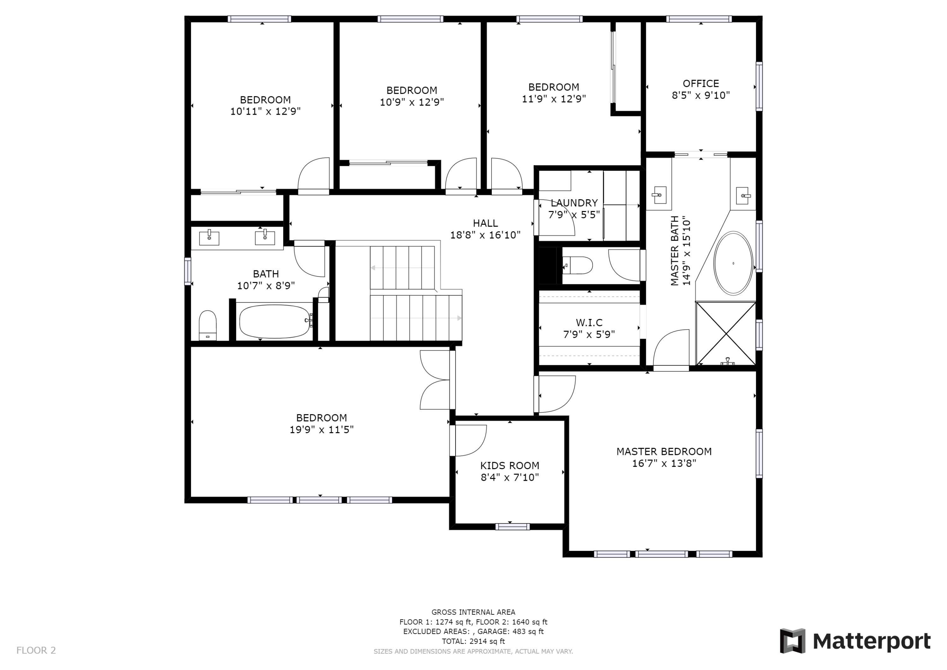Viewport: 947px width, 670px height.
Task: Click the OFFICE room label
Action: pos(700,84)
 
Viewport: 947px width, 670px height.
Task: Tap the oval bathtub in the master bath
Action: pos(733,263)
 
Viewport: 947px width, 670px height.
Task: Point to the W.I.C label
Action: pos(589,323)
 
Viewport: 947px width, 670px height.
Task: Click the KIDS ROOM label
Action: pos(509,466)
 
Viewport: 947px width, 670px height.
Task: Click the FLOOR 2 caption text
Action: pos(36,650)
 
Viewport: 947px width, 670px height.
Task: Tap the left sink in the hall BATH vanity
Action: pos(209,238)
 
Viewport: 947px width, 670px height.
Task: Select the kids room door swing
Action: pos(470,440)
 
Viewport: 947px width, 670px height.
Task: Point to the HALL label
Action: pos(485,223)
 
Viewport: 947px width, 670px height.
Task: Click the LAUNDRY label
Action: pos(574,203)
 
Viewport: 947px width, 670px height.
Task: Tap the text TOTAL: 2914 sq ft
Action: pos(473,641)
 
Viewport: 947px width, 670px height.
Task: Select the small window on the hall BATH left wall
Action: pos(188,271)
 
